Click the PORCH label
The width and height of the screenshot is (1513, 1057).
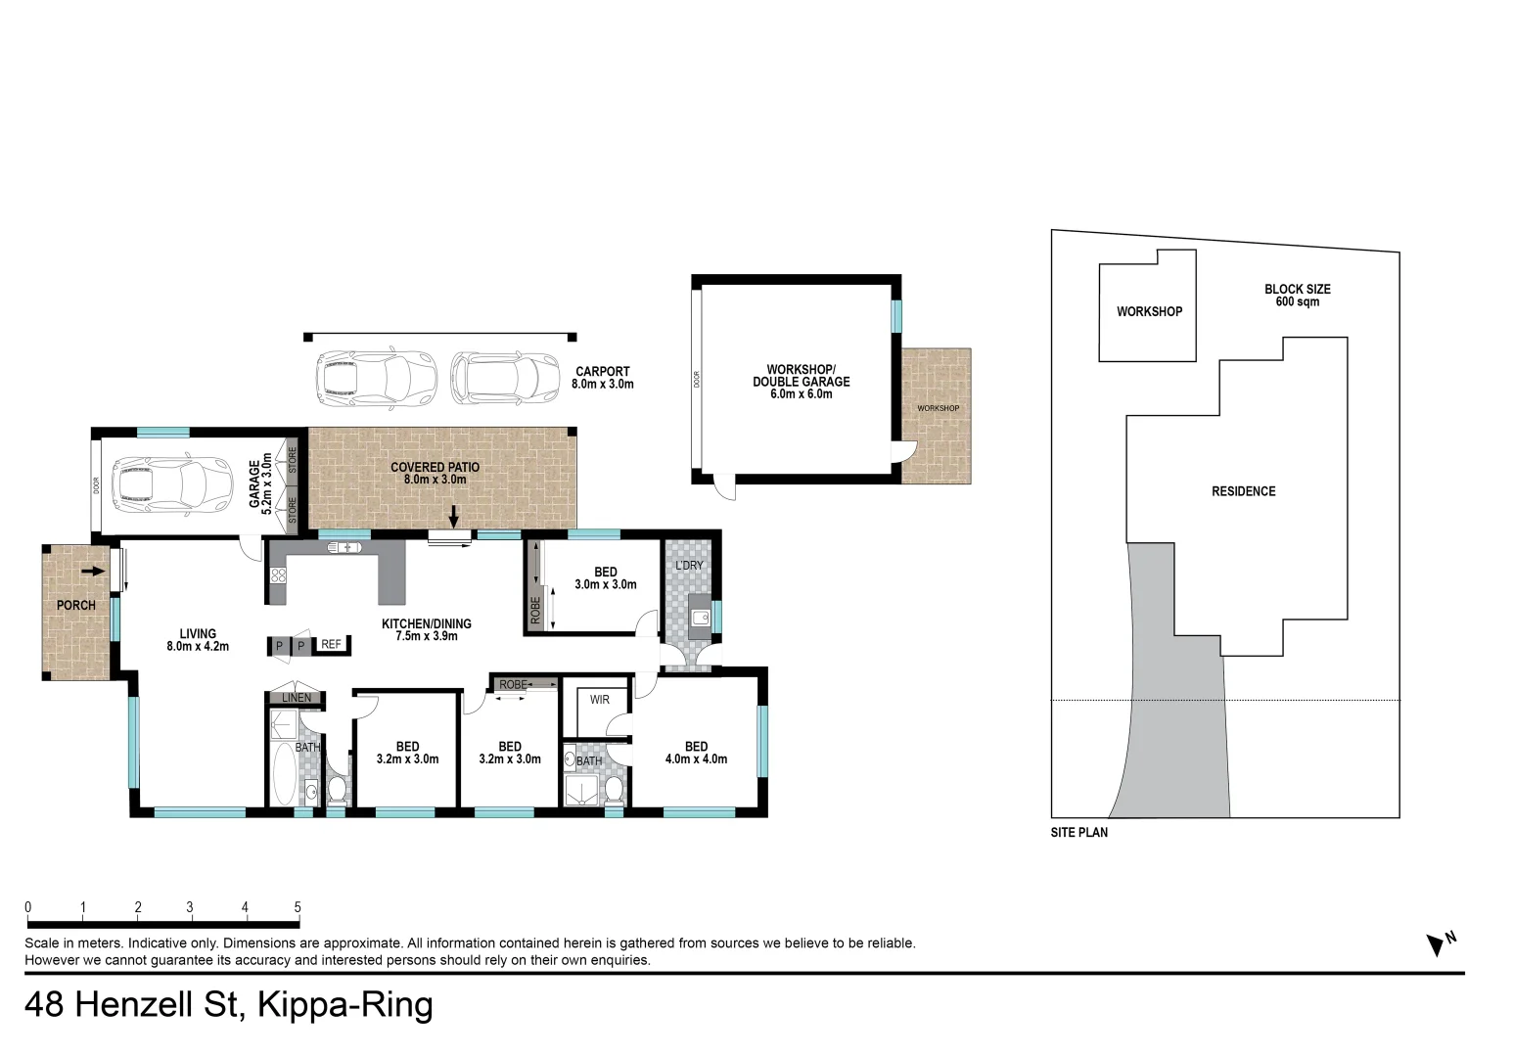pyautogui.click(x=75, y=605)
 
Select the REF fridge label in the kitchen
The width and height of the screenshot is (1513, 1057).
pyautogui.click(x=331, y=644)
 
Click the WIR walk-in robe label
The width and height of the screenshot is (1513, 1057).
pyautogui.click(x=599, y=699)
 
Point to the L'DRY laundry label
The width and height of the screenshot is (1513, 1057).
pyautogui.click(x=689, y=566)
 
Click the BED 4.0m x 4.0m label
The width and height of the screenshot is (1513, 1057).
pyautogui.click(x=696, y=753)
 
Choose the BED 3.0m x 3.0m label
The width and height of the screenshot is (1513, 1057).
pyautogui.click(x=605, y=578)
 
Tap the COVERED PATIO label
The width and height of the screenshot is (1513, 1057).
pyautogui.click(x=435, y=474)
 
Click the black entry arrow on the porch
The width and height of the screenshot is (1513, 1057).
pyautogui.click(x=93, y=571)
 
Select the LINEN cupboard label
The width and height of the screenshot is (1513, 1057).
pyautogui.click(x=297, y=698)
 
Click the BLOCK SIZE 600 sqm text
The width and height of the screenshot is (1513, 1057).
pyautogui.click(x=1297, y=295)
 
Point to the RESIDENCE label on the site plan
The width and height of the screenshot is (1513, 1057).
pyautogui.click(x=1243, y=491)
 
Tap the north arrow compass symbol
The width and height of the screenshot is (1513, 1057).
pyautogui.click(x=1439, y=943)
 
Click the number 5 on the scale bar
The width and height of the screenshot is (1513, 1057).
pyautogui.click(x=298, y=907)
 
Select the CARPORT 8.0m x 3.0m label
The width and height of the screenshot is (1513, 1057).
pyautogui.click(x=602, y=378)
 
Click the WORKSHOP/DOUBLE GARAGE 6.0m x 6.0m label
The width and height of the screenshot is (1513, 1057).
pyautogui.click(x=801, y=382)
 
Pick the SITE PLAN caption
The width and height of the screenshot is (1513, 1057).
pyautogui.click(x=1078, y=833)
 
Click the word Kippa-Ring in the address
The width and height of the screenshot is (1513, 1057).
pyautogui.click(x=344, y=1005)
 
